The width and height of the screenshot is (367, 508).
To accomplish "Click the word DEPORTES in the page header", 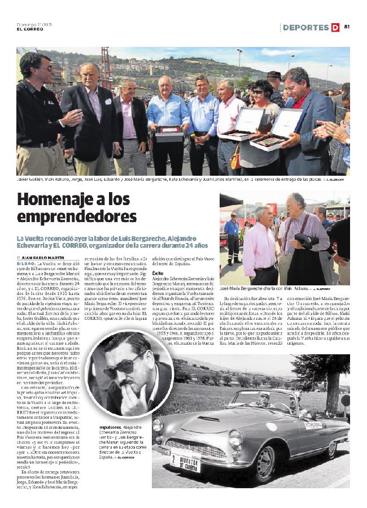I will coord(305,27).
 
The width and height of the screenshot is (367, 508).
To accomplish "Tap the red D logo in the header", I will coord(335,27).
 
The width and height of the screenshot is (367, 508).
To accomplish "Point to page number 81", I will coord(347,27).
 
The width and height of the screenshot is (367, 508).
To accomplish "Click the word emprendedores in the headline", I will coord(77,217).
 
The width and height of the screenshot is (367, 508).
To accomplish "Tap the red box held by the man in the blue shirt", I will coord(169,131).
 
